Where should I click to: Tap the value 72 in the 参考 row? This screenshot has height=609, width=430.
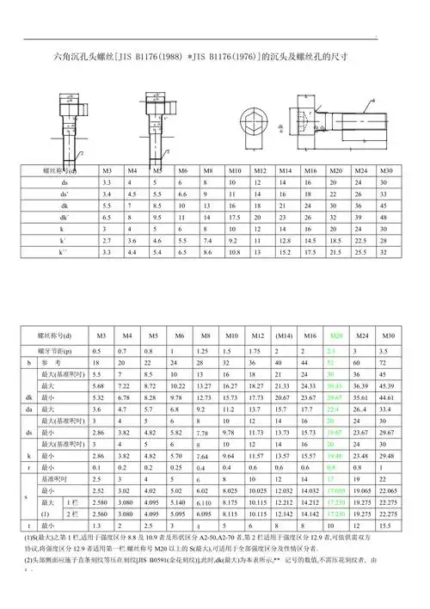[x=388, y=364]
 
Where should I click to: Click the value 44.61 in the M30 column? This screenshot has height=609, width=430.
[x=388, y=398]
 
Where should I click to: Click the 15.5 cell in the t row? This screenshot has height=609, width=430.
[x=388, y=524]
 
